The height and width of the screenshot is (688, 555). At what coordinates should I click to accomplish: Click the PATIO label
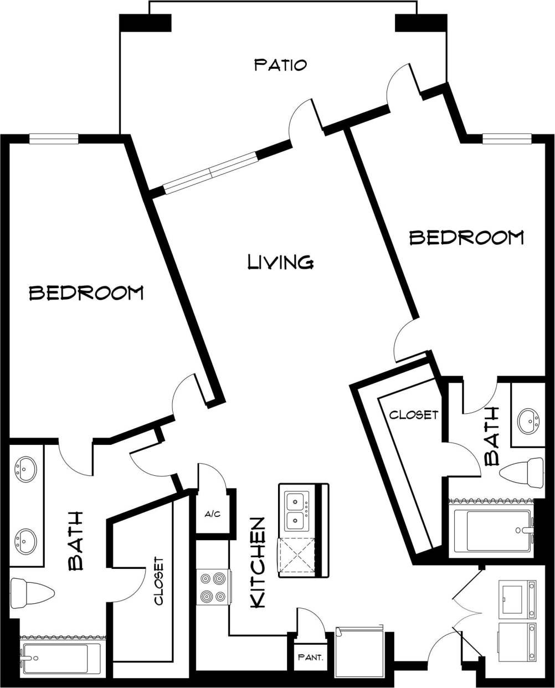point(280,65)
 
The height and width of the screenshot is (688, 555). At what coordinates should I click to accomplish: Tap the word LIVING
point(281,261)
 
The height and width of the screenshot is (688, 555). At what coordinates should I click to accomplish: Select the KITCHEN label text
point(258,563)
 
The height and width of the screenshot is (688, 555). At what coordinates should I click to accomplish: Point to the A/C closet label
point(213,515)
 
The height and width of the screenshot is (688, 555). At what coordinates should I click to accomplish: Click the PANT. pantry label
point(310,658)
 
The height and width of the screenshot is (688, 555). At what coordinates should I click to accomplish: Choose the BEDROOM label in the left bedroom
point(86,292)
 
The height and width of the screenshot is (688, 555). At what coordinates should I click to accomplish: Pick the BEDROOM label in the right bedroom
point(466,238)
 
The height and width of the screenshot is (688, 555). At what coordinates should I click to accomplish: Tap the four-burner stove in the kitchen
point(214,587)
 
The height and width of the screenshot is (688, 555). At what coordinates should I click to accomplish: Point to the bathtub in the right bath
point(492,531)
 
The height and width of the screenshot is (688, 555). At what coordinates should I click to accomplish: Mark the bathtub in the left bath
point(61,659)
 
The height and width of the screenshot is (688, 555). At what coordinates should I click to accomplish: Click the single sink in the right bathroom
point(527,422)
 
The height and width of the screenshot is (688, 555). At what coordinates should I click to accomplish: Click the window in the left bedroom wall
point(53,139)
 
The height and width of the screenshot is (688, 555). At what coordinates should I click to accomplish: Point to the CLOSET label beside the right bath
point(413,415)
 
